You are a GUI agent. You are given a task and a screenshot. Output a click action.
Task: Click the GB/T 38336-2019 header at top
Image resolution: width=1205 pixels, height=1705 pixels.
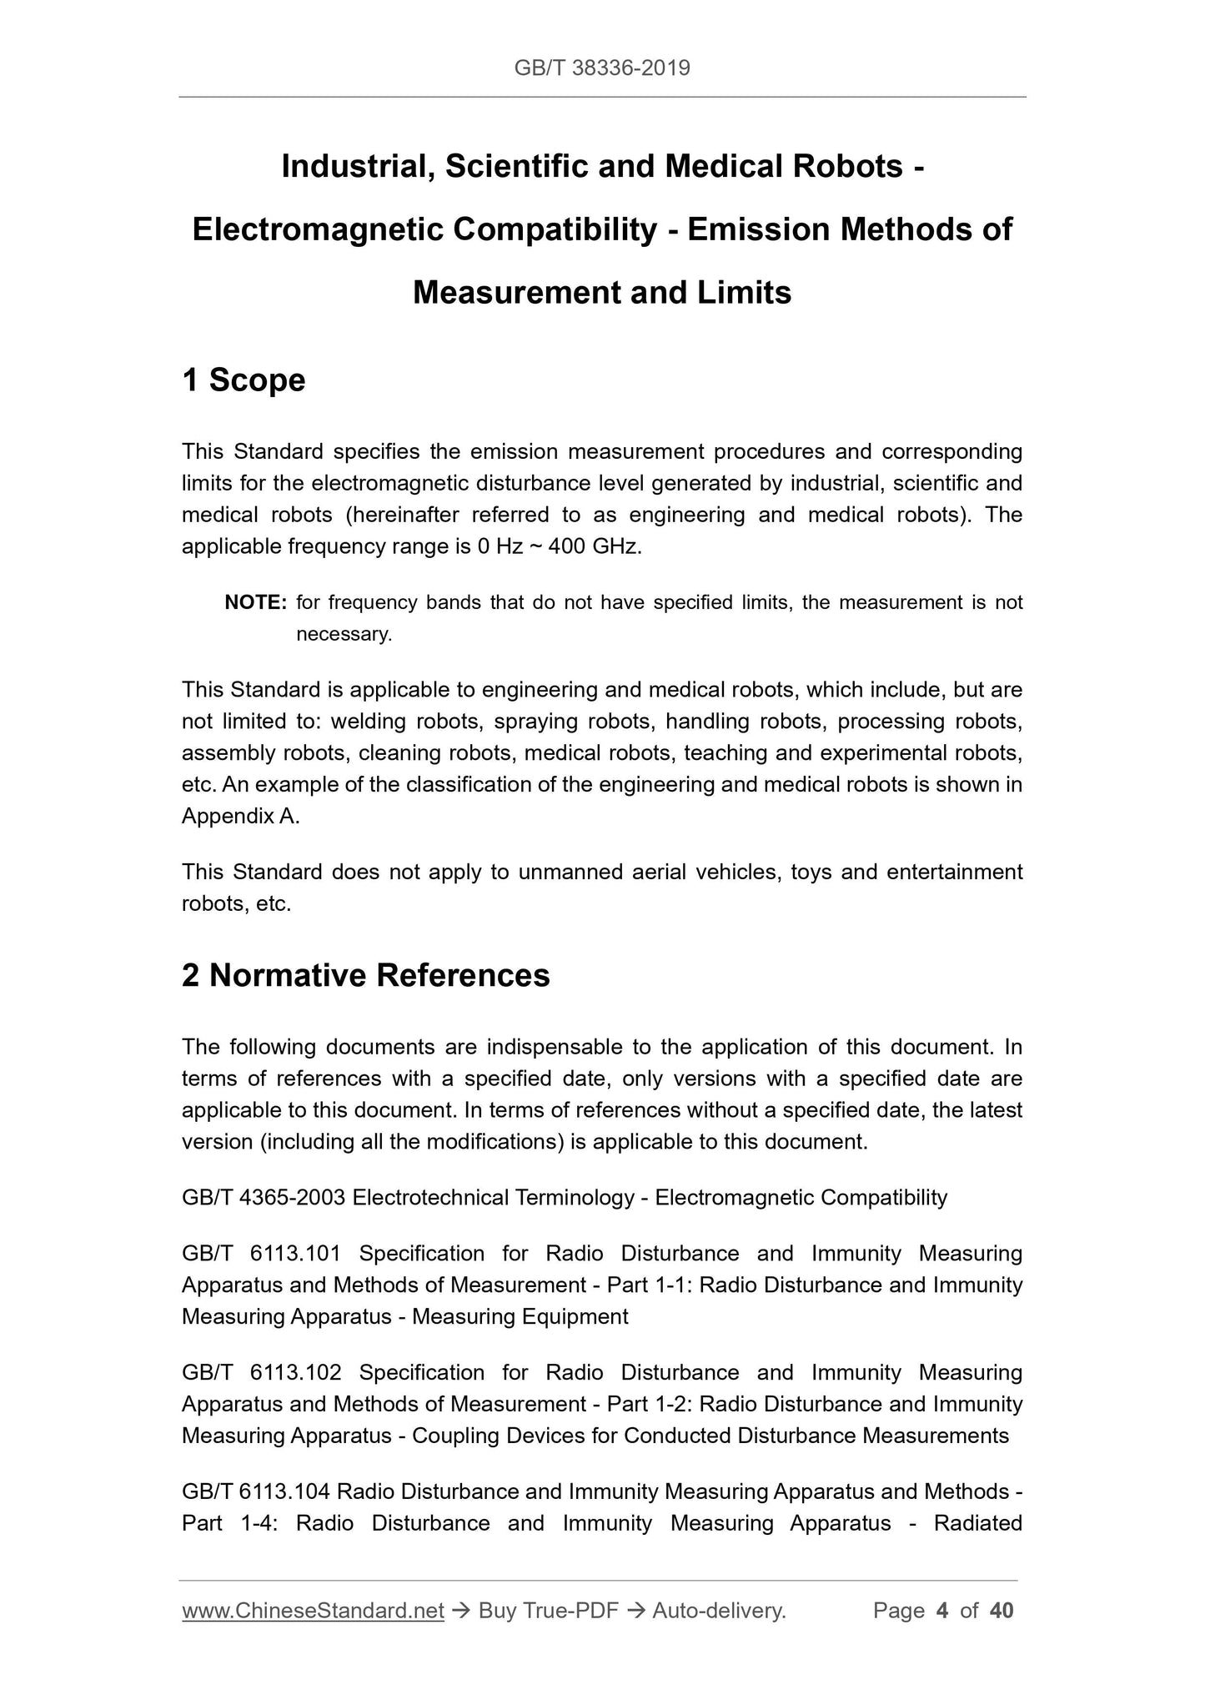[x=602, y=68]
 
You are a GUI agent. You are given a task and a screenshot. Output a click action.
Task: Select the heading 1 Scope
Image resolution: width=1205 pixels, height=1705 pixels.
[x=244, y=380]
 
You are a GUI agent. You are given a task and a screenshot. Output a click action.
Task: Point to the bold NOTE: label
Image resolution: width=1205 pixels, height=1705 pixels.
[x=256, y=602]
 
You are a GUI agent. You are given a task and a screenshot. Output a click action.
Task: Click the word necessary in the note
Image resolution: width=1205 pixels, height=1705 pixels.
[x=344, y=634]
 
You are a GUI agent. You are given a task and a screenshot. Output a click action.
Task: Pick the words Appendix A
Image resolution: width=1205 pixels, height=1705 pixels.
[x=240, y=817]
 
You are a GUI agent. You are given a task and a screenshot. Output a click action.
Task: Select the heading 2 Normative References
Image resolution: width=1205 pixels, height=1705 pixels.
[x=366, y=975]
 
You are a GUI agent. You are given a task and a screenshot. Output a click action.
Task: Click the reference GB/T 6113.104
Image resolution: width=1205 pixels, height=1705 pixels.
[x=255, y=1491]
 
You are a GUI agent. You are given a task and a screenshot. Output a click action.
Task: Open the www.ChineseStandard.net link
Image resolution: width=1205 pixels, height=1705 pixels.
[x=313, y=1611]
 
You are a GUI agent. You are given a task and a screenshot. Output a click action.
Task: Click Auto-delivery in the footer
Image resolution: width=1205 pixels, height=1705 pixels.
[x=719, y=1611]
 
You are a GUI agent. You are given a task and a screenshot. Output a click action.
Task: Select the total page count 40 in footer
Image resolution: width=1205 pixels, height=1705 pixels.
[x=1001, y=1611]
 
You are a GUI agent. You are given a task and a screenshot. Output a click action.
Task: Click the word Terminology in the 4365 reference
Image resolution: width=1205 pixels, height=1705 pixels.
[x=575, y=1198]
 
